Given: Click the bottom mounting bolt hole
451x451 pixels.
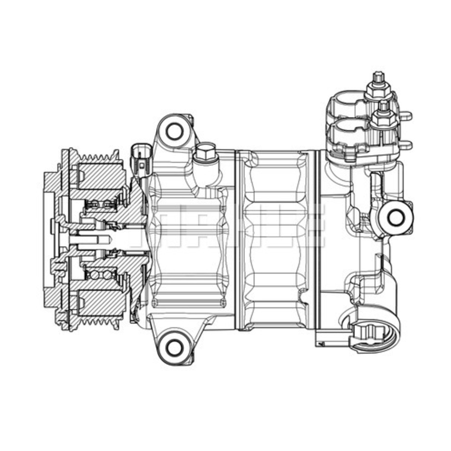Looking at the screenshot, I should [173, 346].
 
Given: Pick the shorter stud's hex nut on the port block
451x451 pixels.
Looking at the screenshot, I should [384, 118].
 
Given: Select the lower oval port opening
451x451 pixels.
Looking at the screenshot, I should [346, 129].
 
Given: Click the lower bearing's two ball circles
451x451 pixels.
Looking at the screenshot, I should [100, 274].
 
